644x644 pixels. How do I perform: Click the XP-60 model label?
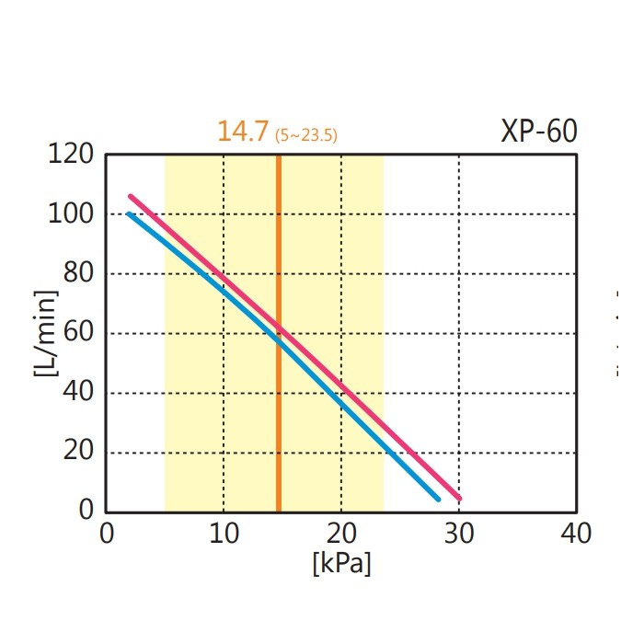(x=539, y=132)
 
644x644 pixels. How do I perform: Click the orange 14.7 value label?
(x=244, y=132)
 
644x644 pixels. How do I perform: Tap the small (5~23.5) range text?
(x=306, y=136)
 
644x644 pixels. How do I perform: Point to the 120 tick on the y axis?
(x=71, y=155)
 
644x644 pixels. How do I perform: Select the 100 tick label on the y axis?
(x=71, y=214)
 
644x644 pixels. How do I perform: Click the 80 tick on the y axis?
(x=77, y=274)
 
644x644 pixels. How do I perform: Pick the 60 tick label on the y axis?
(x=77, y=333)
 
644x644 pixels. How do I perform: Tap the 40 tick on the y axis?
(x=77, y=393)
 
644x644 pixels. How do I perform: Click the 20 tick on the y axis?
(x=77, y=453)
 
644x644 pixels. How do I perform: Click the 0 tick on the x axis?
(x=106, y=534)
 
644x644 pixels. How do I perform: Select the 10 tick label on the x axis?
(x=223, y=534)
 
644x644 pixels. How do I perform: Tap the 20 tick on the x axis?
(x=340, y=534)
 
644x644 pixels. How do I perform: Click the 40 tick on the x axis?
(x=576, y=534)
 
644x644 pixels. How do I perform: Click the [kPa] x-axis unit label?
(x=341, y=563)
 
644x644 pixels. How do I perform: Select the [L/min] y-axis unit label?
(x=45, y=333)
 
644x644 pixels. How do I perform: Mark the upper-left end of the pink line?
(x=131, y=196)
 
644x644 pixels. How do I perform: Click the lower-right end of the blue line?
(x=438, y=499)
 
